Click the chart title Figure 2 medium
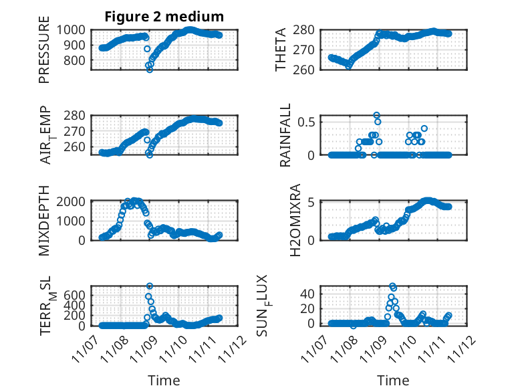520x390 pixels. pos(164,16)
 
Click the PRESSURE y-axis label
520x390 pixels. pos(45,54)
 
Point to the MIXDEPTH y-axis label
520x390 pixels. pos(45,220)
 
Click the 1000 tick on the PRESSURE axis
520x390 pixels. pos(74,29)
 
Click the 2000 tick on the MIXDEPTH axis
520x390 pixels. pos(74,201)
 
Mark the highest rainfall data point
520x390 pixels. pos(377,115)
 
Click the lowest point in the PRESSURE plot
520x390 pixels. pos(150,70)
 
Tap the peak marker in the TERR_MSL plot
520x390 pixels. pos(150,286)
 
